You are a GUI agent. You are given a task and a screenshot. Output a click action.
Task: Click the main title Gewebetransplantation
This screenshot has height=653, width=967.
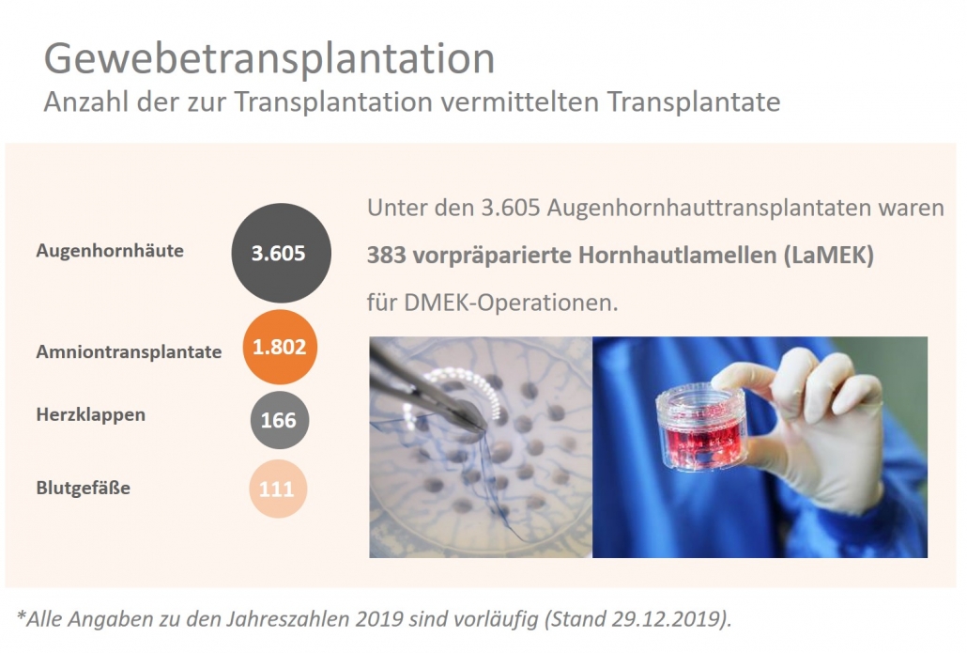[269, 58]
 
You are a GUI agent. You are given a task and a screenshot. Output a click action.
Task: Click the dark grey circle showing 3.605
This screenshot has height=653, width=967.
[279, 252]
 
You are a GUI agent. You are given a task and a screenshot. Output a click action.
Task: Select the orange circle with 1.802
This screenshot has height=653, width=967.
[279, 347]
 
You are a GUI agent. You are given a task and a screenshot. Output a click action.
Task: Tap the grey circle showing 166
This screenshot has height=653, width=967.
[279, 419]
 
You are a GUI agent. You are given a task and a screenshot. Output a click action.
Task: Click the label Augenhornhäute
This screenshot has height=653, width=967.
[110, 251]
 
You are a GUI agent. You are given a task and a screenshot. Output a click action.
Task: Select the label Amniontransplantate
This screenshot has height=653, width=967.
[129, 352]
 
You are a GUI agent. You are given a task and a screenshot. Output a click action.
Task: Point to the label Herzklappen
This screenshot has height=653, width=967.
[91, 414]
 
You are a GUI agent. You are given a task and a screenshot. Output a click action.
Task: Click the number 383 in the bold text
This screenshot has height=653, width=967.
[386, 256]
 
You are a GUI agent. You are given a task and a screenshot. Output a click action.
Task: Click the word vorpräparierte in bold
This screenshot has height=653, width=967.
[485, 256]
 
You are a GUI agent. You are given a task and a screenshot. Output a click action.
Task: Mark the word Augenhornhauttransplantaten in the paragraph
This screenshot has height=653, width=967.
[697, 208]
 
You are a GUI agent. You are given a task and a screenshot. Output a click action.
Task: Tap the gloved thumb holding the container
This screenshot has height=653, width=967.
[746, 377]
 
